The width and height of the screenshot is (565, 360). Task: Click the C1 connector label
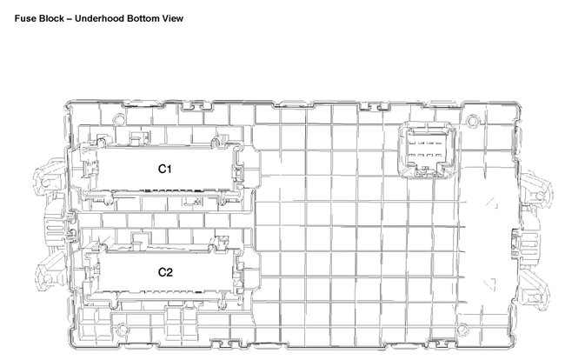165,169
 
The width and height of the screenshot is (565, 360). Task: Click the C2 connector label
165,272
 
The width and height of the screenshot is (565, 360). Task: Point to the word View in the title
173,18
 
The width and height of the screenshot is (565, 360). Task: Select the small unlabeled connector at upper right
427,150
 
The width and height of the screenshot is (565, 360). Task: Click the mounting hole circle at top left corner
118,118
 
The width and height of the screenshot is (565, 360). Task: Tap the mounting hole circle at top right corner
472,120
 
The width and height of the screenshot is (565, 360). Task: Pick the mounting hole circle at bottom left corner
122,329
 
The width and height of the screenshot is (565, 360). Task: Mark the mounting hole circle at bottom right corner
462,329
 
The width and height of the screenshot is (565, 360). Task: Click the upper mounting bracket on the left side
49,178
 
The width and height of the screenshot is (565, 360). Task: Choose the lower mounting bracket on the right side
536,288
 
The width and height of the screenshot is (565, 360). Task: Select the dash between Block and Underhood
70,19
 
